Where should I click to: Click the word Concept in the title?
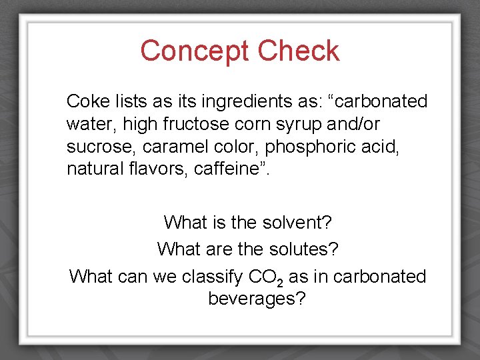[x=195, y=51]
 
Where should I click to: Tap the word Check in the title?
[x=299, y=51]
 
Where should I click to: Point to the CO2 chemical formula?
[x=265, y=277]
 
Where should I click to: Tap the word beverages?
[x=257, y=299]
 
